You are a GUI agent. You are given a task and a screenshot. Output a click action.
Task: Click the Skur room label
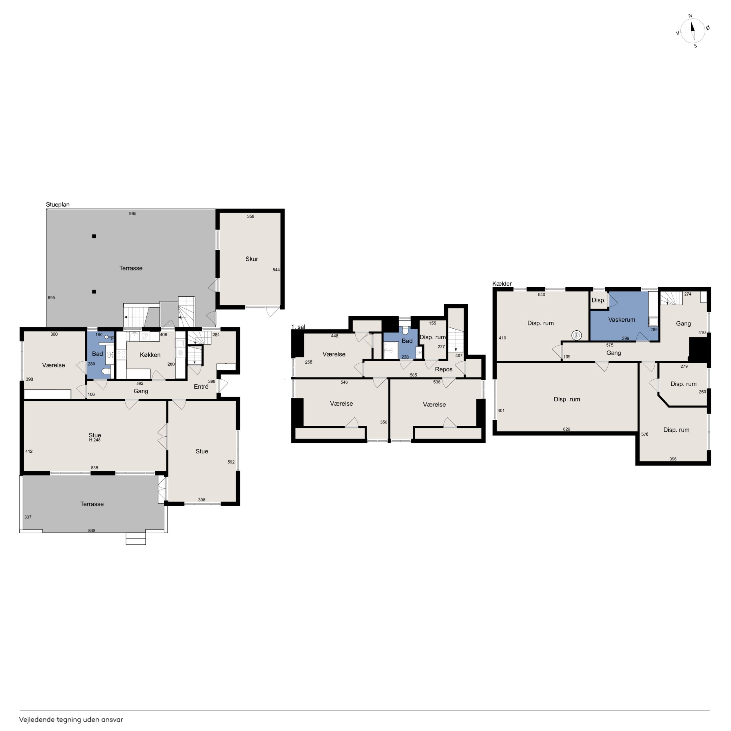[252, 259]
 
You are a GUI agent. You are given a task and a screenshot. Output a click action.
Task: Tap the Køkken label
[150, 355]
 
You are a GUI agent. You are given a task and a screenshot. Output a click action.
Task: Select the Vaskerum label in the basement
[622, 320]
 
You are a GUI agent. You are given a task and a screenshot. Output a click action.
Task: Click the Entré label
[201, 386]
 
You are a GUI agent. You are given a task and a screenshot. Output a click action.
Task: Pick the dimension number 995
[132, 213]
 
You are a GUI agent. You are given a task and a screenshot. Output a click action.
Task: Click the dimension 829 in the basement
[567, 429]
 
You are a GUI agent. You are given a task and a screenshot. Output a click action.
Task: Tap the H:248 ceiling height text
[94, 440]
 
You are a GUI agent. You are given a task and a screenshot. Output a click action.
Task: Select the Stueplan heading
[58, 205]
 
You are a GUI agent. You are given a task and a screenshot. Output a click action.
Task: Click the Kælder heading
[502, 284]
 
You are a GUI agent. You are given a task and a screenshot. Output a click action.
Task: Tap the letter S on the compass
[695, 46]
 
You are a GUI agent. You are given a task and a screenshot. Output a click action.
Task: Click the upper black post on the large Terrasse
[94, 236]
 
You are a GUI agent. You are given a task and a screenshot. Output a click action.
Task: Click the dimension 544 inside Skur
[276, 270]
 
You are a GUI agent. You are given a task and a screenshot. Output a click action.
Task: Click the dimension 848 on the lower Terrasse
[92, 531]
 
